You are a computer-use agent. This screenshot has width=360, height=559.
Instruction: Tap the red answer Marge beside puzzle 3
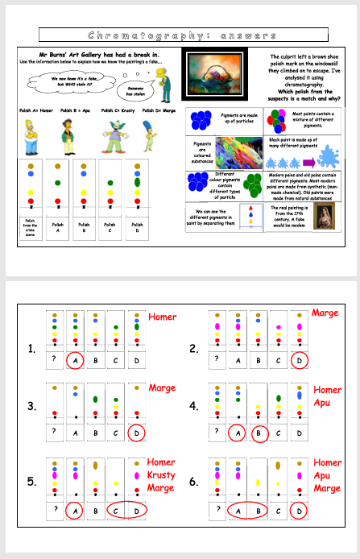[x=162, y=388]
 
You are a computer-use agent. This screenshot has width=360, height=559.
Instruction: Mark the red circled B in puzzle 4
[x=258, y=433]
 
